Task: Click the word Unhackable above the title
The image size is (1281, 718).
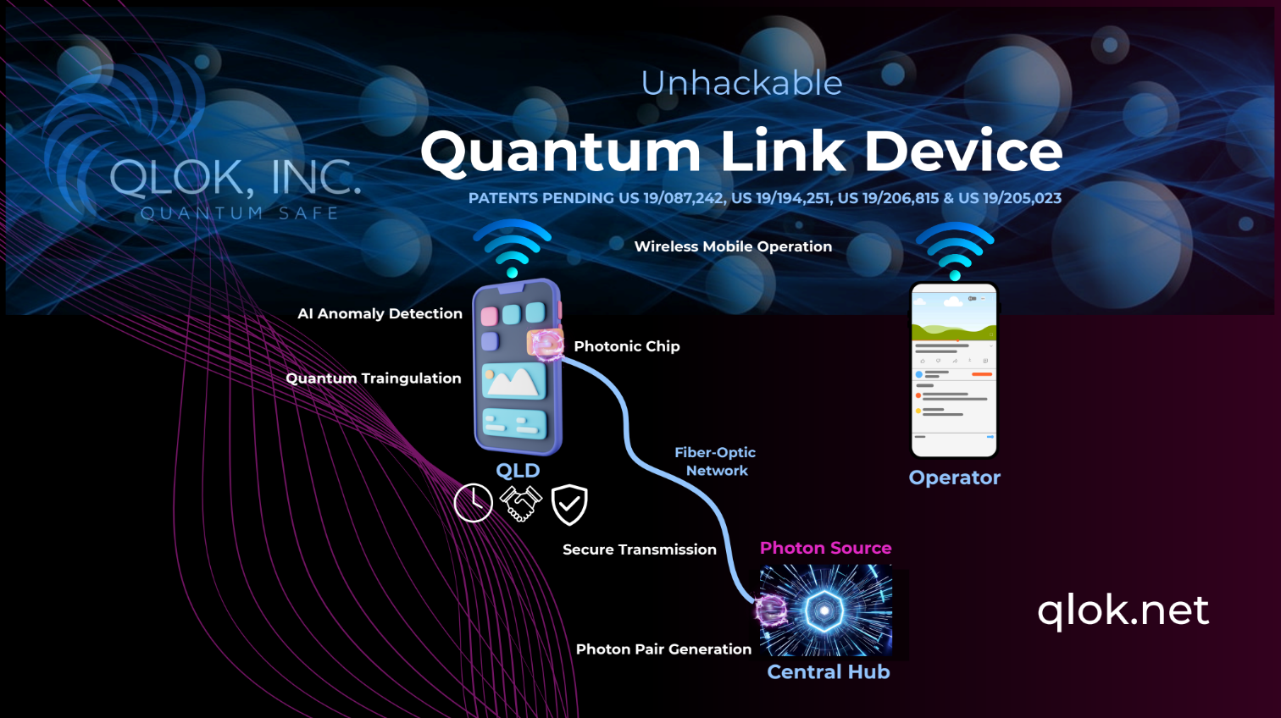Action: (741, 83)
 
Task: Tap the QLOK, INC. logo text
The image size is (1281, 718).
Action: (235, 178)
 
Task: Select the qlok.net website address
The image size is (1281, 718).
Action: (1123, 610)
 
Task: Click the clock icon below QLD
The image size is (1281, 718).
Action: (473, 503)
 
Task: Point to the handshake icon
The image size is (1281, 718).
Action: (520, 503)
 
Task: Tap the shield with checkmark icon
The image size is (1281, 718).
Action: (569, 505)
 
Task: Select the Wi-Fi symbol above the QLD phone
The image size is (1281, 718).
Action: (513, 247)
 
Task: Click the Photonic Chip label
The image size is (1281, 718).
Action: (627, 346)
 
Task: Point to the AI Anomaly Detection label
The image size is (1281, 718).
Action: (380, 313)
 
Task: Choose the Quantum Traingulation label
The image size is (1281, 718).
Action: (374, 378)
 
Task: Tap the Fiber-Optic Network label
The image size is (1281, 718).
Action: (716, 461)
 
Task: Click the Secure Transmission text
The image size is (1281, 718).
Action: (640, 550)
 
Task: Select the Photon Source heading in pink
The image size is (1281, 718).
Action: (825, 548)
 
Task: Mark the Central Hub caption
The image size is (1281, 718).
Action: (829, 672)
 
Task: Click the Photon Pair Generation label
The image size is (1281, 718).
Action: (663, 649)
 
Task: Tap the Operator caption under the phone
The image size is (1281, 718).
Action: (955, 478)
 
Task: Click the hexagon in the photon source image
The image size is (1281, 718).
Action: (824, 610)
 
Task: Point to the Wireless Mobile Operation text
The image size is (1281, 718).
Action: (733, 246)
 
